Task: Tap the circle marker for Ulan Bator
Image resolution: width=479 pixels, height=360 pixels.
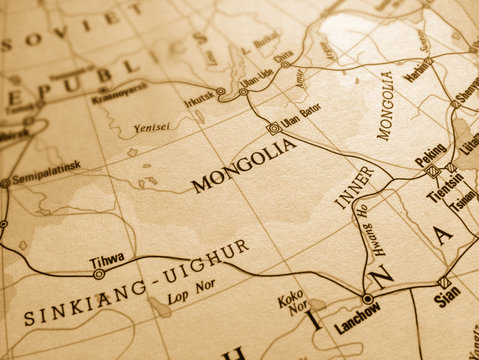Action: pos(273,129)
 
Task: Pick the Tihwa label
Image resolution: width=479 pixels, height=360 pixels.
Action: pos(107,260)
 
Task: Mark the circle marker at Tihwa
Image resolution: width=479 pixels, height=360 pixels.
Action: pos(98,273)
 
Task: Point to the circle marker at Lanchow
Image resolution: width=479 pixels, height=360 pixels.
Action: pos(368,298)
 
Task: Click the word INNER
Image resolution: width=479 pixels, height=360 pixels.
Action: pos(355,187)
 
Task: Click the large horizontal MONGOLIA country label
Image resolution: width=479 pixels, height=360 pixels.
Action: pos(244,165)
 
